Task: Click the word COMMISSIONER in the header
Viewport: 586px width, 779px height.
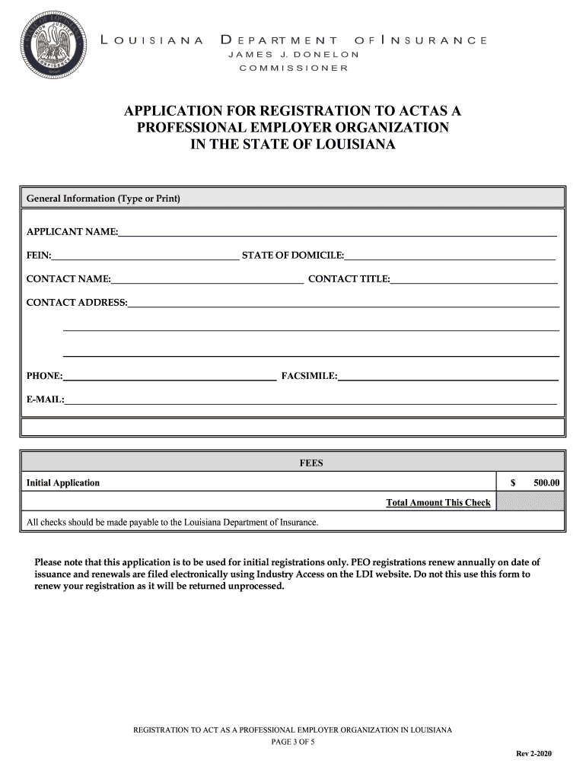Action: point(293,68)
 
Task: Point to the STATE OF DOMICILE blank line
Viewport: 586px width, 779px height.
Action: point(450,256)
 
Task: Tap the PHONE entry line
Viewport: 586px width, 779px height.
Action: point(170,376)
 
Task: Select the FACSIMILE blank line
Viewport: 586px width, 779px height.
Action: point(448,376)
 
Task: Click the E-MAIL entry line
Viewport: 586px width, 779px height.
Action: point(311,400)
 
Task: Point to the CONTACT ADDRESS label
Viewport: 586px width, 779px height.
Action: point(77,303)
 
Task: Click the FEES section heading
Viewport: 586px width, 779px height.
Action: point(311,463)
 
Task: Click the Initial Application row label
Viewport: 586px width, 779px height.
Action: point(63,483)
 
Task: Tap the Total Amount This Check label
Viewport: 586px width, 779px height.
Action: point(438,503)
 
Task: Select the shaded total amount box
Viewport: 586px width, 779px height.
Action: point(530,501)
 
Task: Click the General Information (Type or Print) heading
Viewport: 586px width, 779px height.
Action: point(104,199)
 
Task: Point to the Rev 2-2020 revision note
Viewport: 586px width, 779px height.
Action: point(534,753)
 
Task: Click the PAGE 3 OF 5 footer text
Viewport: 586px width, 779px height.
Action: point(293,742)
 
